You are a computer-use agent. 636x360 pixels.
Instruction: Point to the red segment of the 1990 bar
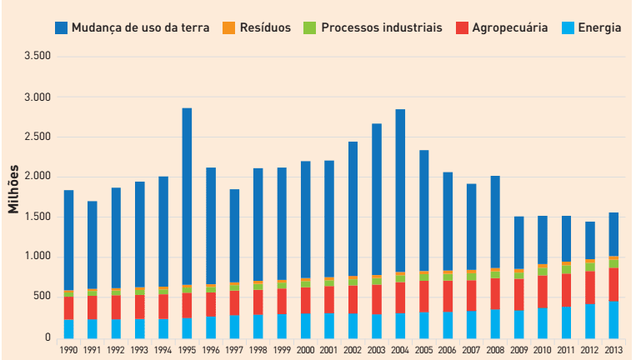click(x=68, y=307)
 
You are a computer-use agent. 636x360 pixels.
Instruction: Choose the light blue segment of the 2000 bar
click(x=306, y=325)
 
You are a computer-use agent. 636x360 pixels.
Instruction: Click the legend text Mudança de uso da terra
click(x=140, y=27)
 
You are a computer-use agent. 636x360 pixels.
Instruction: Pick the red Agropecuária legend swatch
click(x=461, y=27)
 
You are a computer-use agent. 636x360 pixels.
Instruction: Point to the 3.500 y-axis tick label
click(x=38, y=57)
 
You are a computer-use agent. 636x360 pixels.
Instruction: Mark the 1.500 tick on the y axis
click(x=38, y=217)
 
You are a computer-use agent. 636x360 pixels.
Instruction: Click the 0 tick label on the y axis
click(x=48, y=337)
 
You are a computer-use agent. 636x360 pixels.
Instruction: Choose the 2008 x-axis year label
click(x=496, y=351)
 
